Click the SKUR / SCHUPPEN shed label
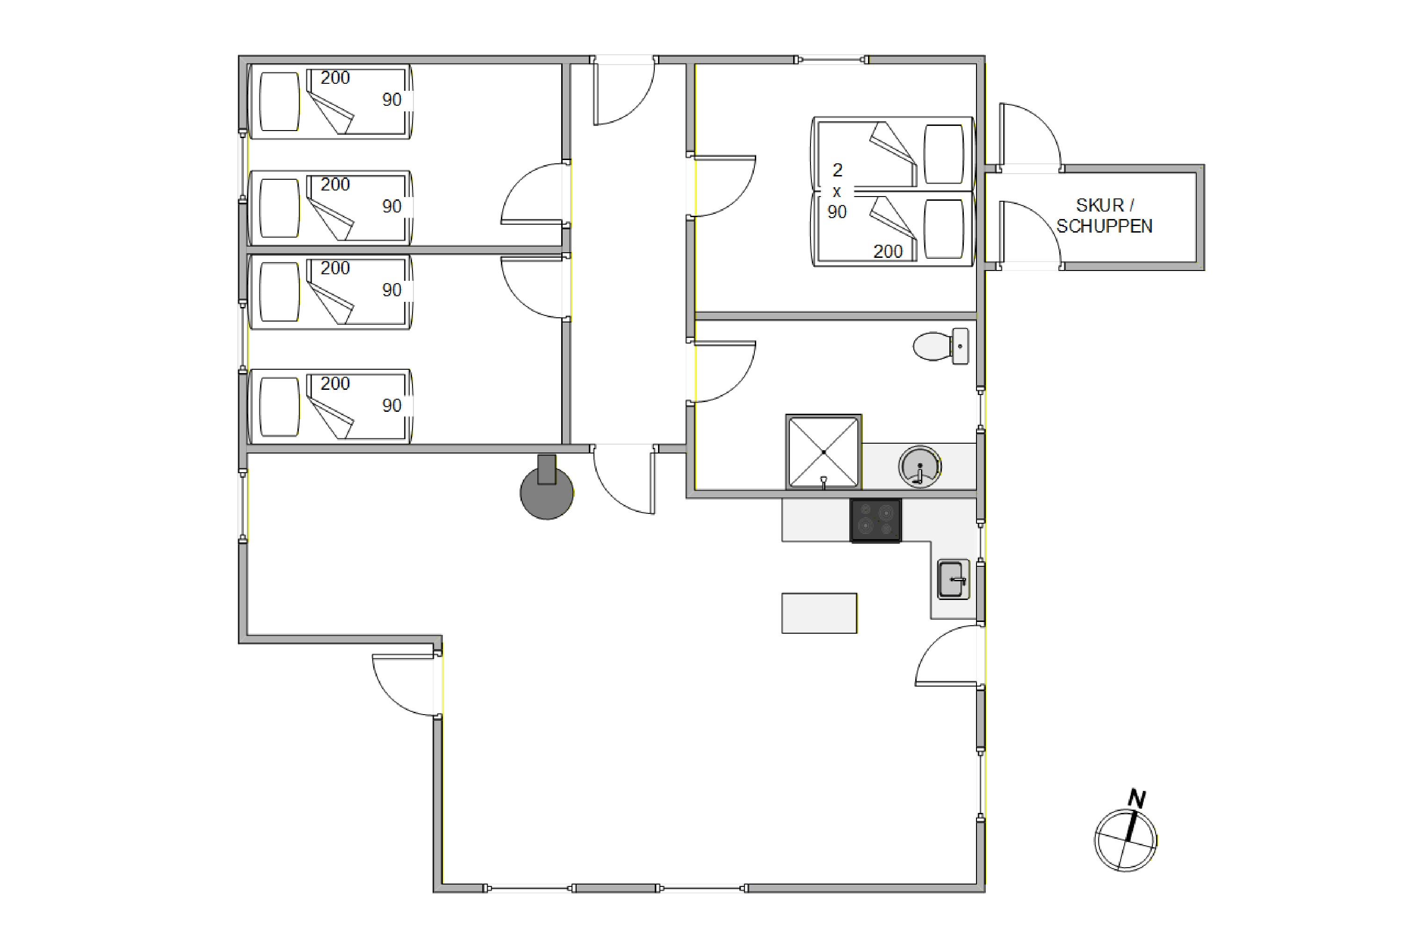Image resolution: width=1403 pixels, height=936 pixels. click(x=1104, y=215)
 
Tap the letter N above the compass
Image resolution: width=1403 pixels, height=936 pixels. click(x=1137, y=799)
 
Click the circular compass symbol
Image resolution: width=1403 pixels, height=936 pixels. click(x=1125, y=841)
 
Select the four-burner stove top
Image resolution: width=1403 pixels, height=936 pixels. click(x=875, y=520)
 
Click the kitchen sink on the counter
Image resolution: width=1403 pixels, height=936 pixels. click(x=953, y=579)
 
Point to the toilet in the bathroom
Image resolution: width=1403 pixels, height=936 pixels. click(x=940, y=346)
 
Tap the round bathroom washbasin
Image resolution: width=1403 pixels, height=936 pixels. click(x=920, y=466)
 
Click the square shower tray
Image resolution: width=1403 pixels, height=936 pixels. click(x=824, y=452)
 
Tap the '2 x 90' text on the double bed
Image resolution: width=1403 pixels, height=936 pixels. click(x=837, y=191)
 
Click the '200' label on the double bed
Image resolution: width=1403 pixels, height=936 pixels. click(x=888, y=251)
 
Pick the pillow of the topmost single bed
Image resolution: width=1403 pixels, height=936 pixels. click(x=280, y=102)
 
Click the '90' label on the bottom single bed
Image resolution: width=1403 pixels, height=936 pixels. click(x=392, y=405)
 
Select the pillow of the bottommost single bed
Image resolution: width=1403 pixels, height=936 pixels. click(x=280, y=407)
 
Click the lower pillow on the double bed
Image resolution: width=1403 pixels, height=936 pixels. click(x=944, y=229)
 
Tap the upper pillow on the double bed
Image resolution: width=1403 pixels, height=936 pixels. click(x=944, y=154)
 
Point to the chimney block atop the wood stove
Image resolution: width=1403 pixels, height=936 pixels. click(x=546, y=469)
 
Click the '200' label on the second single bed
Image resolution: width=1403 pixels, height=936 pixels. click(x=335, y=184)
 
